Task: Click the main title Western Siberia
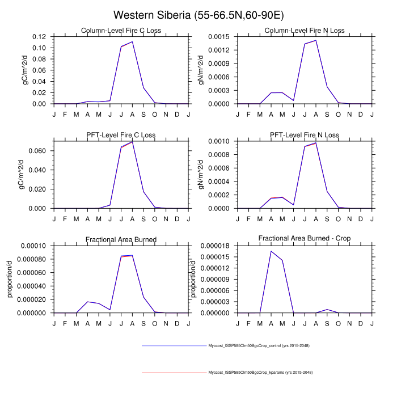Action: [x=198, y=15]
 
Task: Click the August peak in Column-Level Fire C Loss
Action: [x=132, y=41]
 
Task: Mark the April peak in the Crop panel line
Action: [x=271, y=251]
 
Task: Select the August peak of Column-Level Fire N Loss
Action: [x=316, y=40]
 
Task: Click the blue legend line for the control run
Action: [x=174, y=345]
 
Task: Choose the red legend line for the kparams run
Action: [x=174, y=373]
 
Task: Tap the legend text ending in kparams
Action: [x=260, y=373]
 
